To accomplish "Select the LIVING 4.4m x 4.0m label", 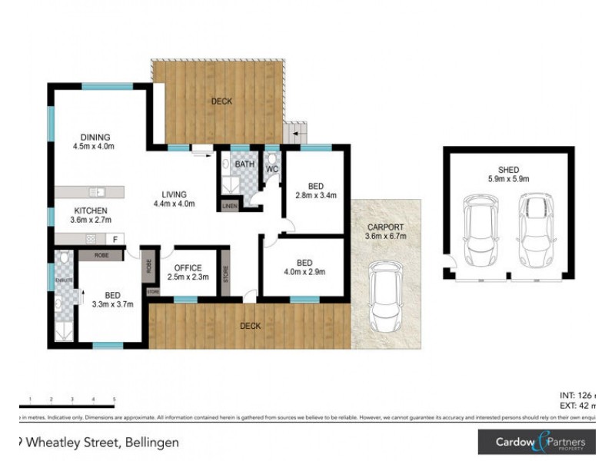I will click(x=173, y=199).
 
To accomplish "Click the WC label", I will click(x=271, y=168).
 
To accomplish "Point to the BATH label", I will click(x=245, y=164).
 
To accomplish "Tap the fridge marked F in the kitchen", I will click(x=115, y=239).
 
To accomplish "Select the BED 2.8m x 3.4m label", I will click(x=314, y=191).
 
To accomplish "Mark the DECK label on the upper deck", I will click(x=222, y=101).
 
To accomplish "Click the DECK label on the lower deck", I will click(x=251, y=326).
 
